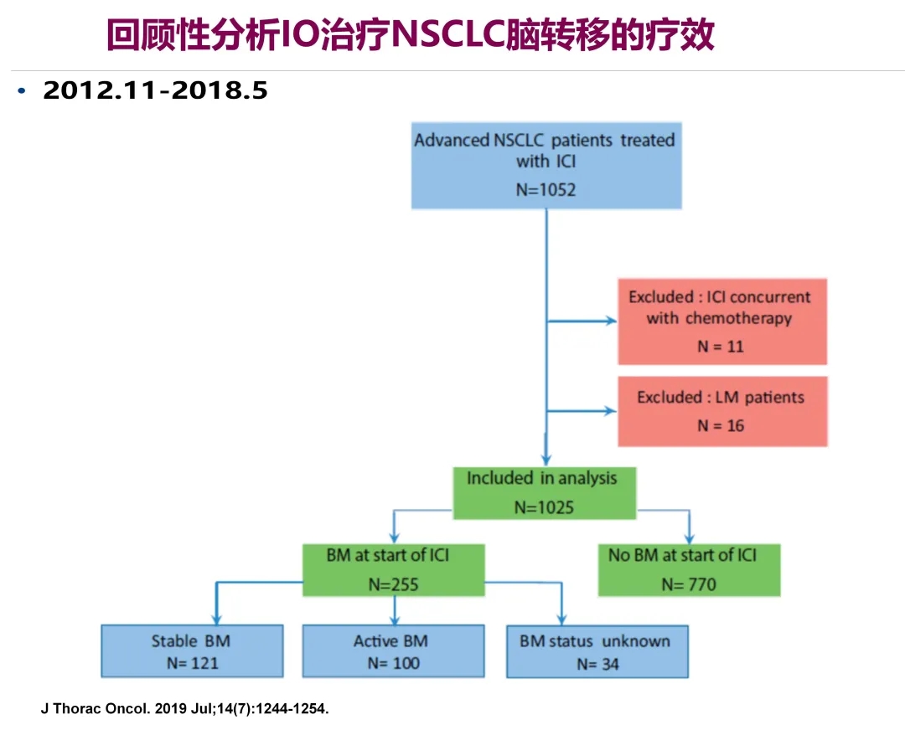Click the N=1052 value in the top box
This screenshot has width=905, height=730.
point(546,189)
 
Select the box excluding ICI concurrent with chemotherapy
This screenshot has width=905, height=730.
point(721,321)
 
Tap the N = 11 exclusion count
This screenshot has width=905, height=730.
point(721,346)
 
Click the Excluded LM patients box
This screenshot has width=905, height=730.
point(721,410)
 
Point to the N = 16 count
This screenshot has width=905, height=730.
point(721,425)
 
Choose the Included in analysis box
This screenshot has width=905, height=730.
point(544,492)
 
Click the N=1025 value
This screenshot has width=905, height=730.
point(544,506)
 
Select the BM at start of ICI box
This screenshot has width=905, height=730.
point(394,569)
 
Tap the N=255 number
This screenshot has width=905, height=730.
point(393,584)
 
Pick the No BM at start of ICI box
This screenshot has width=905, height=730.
point(689,569)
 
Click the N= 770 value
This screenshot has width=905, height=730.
point(689,584)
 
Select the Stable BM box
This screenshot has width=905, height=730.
point(191,651)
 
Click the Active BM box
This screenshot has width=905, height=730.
point(392,651)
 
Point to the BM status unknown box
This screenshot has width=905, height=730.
point(597,651)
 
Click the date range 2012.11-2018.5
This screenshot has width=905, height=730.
point(156,90)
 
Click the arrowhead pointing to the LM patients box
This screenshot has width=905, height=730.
point(610,411)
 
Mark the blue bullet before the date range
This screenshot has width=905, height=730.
point(22,90)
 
